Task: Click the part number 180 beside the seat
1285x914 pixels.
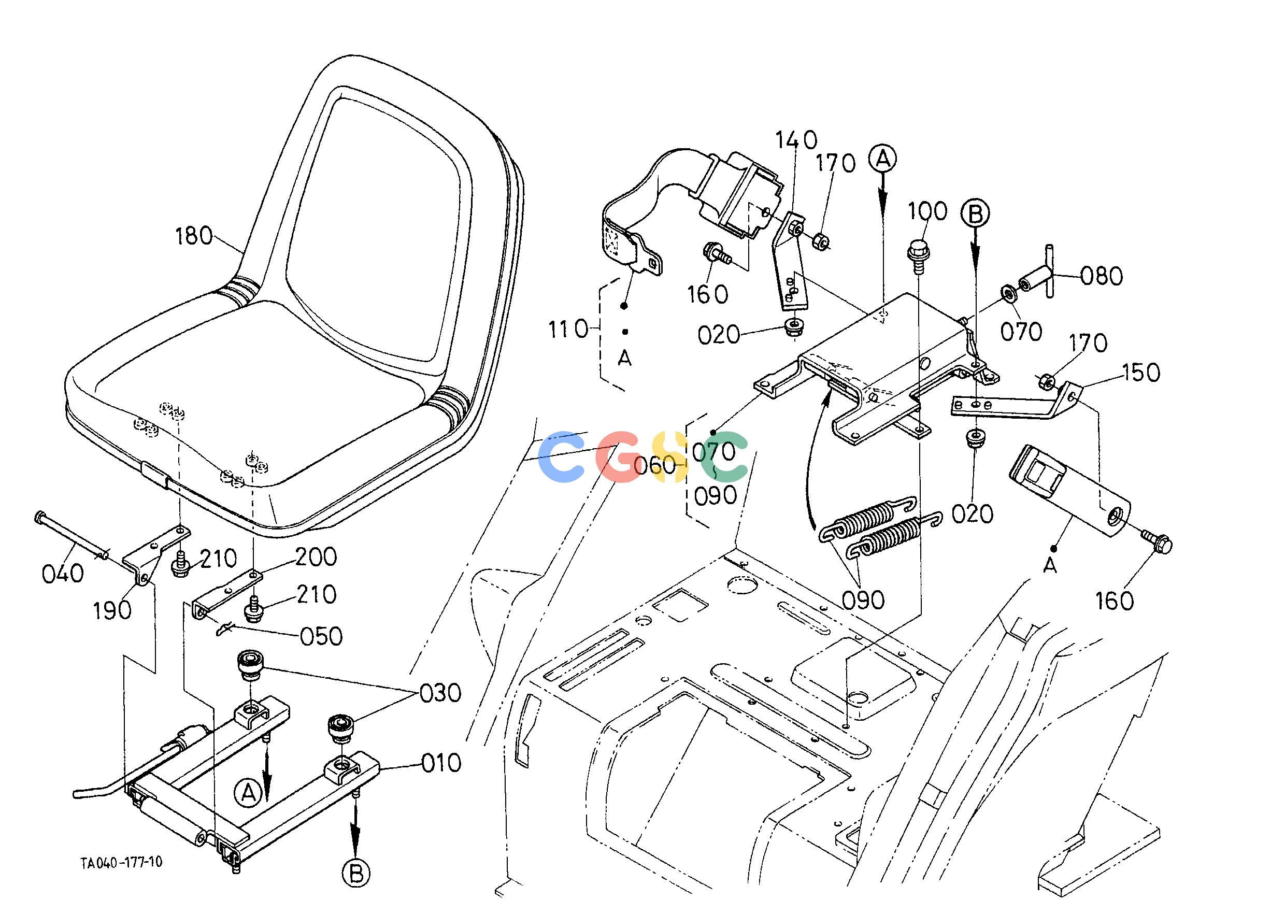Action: [x=194, y=236]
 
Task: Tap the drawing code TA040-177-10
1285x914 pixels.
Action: [x=121, y=862]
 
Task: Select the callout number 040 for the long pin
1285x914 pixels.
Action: [x=63, y=574]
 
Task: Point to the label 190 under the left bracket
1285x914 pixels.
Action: [x=112, y=610]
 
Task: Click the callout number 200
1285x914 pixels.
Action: [x=316, y=556]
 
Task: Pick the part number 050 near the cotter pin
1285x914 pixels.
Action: [x=321, y=636]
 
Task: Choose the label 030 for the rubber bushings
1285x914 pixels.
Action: [x=441, y=693]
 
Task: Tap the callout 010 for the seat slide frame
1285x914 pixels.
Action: [x=442, y=763]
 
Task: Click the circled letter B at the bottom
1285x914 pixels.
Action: [x=356, y=874]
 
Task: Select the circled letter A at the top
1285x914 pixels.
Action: [x=883, y=159]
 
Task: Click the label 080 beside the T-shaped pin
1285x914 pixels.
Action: [x=1102, y=276]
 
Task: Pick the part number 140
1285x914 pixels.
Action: [x=796, y=139]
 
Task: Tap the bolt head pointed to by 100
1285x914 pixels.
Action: [x=916, y=249]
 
